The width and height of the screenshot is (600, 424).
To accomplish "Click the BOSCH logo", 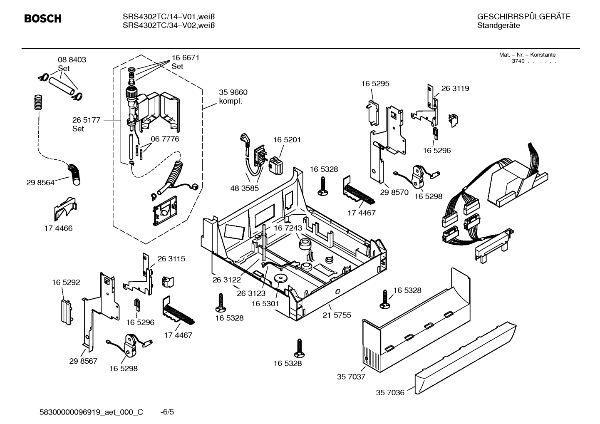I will tap(42, 19).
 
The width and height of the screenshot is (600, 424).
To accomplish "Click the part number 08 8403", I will tap(72, 60).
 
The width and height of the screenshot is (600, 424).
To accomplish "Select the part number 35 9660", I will tap(233, 92).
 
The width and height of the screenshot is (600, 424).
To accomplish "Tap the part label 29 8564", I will tap(40, 182).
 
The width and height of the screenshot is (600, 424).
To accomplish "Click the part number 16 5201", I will tap(287, 140).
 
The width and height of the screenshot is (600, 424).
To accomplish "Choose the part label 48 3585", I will tap(244, 188).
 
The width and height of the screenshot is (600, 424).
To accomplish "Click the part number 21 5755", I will tap(337, 315).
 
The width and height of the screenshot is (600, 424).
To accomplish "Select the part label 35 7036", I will tap(390, 392).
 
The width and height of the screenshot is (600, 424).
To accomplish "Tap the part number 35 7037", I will tap(351, 377).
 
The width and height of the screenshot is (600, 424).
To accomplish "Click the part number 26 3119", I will tap(455, 89).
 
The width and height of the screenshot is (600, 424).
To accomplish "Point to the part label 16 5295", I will tap(375, 84).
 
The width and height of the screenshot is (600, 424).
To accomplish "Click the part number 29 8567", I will tap(83, 361).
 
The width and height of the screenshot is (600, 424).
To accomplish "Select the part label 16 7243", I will tap(288, 228).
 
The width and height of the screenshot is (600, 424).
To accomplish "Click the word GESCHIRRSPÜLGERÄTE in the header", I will tap(523, 17).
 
